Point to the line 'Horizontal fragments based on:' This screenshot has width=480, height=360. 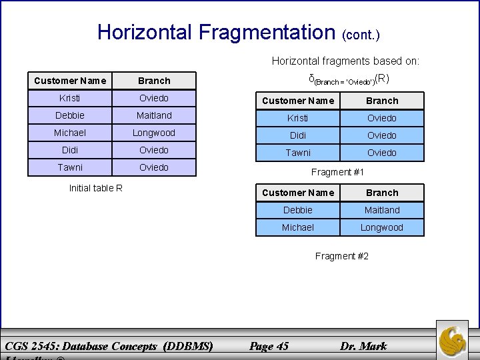345,61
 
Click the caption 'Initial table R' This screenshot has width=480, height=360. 96,187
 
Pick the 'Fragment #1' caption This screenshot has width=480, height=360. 338,172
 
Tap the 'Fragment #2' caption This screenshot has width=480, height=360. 341,256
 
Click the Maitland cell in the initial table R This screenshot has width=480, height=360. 154,115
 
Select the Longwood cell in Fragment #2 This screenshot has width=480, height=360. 382,227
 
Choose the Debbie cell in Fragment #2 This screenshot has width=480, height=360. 297,210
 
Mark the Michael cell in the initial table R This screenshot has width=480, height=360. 70,133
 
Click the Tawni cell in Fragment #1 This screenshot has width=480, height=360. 297,153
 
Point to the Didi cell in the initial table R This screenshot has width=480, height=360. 70,150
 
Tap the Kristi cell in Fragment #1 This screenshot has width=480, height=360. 297,118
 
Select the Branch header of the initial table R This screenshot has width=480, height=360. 154,81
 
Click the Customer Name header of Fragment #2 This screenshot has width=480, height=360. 297,193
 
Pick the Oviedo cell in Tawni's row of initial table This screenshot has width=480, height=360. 154,167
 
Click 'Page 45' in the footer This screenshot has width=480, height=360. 268,346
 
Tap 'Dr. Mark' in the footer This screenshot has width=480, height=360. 363,346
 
